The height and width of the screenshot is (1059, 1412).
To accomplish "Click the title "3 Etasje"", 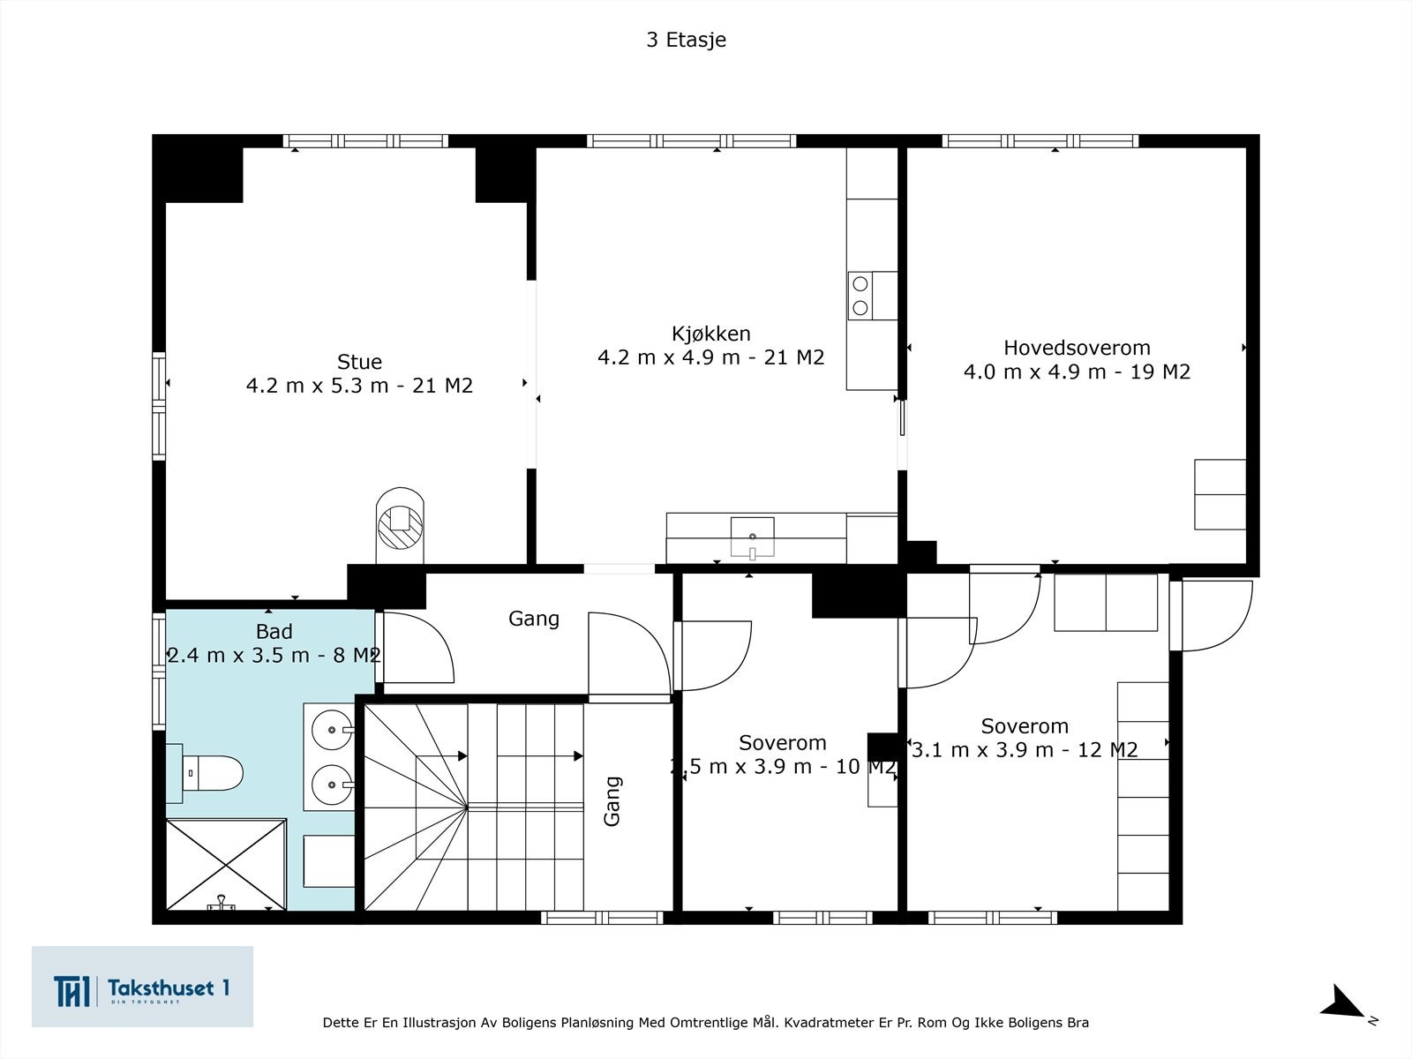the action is point(687,40).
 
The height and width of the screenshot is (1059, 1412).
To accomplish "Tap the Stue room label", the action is point(359,362).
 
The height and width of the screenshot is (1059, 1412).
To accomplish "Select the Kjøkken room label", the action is point(710,334).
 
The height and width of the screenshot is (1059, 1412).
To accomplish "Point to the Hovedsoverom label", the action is point(1077,348).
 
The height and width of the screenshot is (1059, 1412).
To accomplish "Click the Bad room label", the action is point(274,631).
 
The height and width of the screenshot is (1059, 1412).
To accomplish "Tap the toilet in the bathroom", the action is point(205,773).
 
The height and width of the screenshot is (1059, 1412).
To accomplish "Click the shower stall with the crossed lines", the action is point(226,864).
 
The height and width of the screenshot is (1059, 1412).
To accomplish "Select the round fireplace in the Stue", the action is point(400,526).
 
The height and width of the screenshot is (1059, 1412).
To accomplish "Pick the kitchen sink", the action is point(752,537).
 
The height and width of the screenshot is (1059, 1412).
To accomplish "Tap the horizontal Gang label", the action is point(533,619).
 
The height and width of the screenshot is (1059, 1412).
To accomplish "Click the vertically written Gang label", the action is point(612,801).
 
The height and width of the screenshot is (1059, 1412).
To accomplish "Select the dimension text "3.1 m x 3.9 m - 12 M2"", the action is point(1025,750).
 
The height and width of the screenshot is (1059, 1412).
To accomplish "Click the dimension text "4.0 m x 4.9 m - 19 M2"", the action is point(1077,372).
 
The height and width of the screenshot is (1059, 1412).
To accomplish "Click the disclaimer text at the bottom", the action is point(706,1022).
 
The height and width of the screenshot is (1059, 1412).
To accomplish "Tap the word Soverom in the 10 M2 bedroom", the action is point(782,743).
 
